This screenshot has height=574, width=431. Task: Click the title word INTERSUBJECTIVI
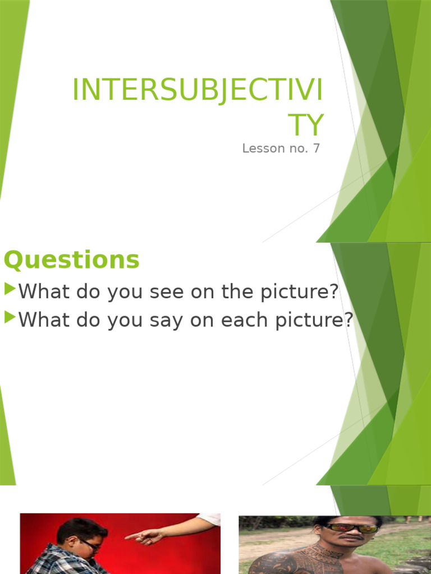[198, 91]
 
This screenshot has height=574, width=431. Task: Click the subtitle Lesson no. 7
[281, 149]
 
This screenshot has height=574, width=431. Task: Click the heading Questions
[71, 260]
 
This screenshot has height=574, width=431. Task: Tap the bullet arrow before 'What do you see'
[10, 290]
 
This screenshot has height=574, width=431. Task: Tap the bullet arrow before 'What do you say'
[10, 318]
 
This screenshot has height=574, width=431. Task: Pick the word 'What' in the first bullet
[43, 291]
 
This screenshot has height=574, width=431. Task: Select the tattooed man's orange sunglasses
[352, 528]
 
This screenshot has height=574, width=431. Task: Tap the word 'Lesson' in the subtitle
[263, 149]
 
